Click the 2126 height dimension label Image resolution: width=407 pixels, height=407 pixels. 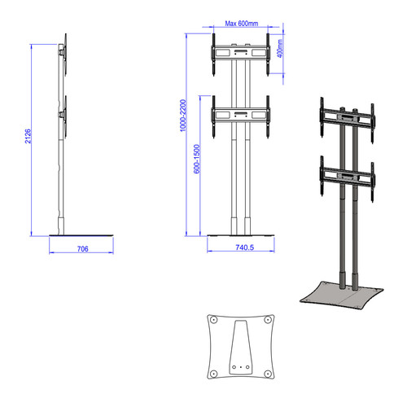[28, 136]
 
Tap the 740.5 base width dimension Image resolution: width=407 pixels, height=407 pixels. [239, 247]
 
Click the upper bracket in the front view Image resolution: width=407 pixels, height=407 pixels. [239, 55]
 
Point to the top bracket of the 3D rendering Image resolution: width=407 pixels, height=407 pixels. [346, 117]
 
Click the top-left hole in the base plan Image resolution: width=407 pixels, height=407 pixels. [214, 321]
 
